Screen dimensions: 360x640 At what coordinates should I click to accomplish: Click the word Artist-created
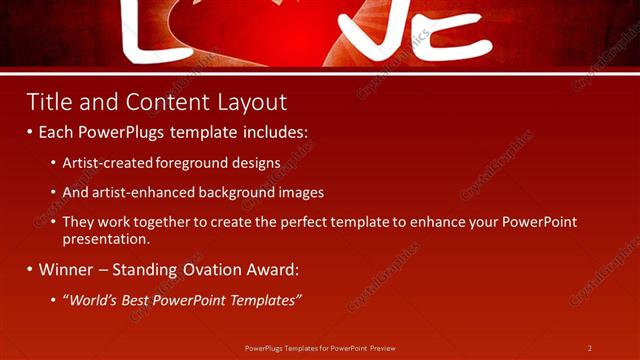(103, 162)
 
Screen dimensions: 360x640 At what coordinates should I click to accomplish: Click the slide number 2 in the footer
(590, 348)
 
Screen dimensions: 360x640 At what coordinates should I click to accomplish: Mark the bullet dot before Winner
(30, 270)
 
